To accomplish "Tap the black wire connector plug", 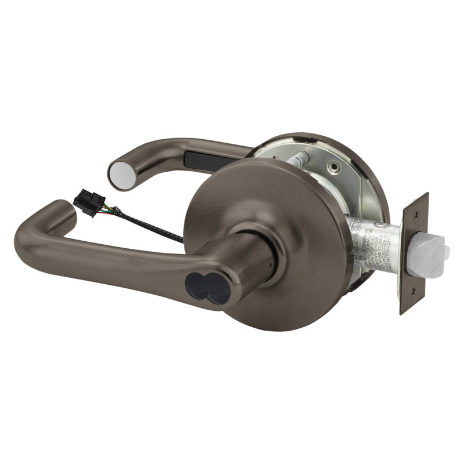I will point(88,205).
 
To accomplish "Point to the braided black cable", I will point(145,228).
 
